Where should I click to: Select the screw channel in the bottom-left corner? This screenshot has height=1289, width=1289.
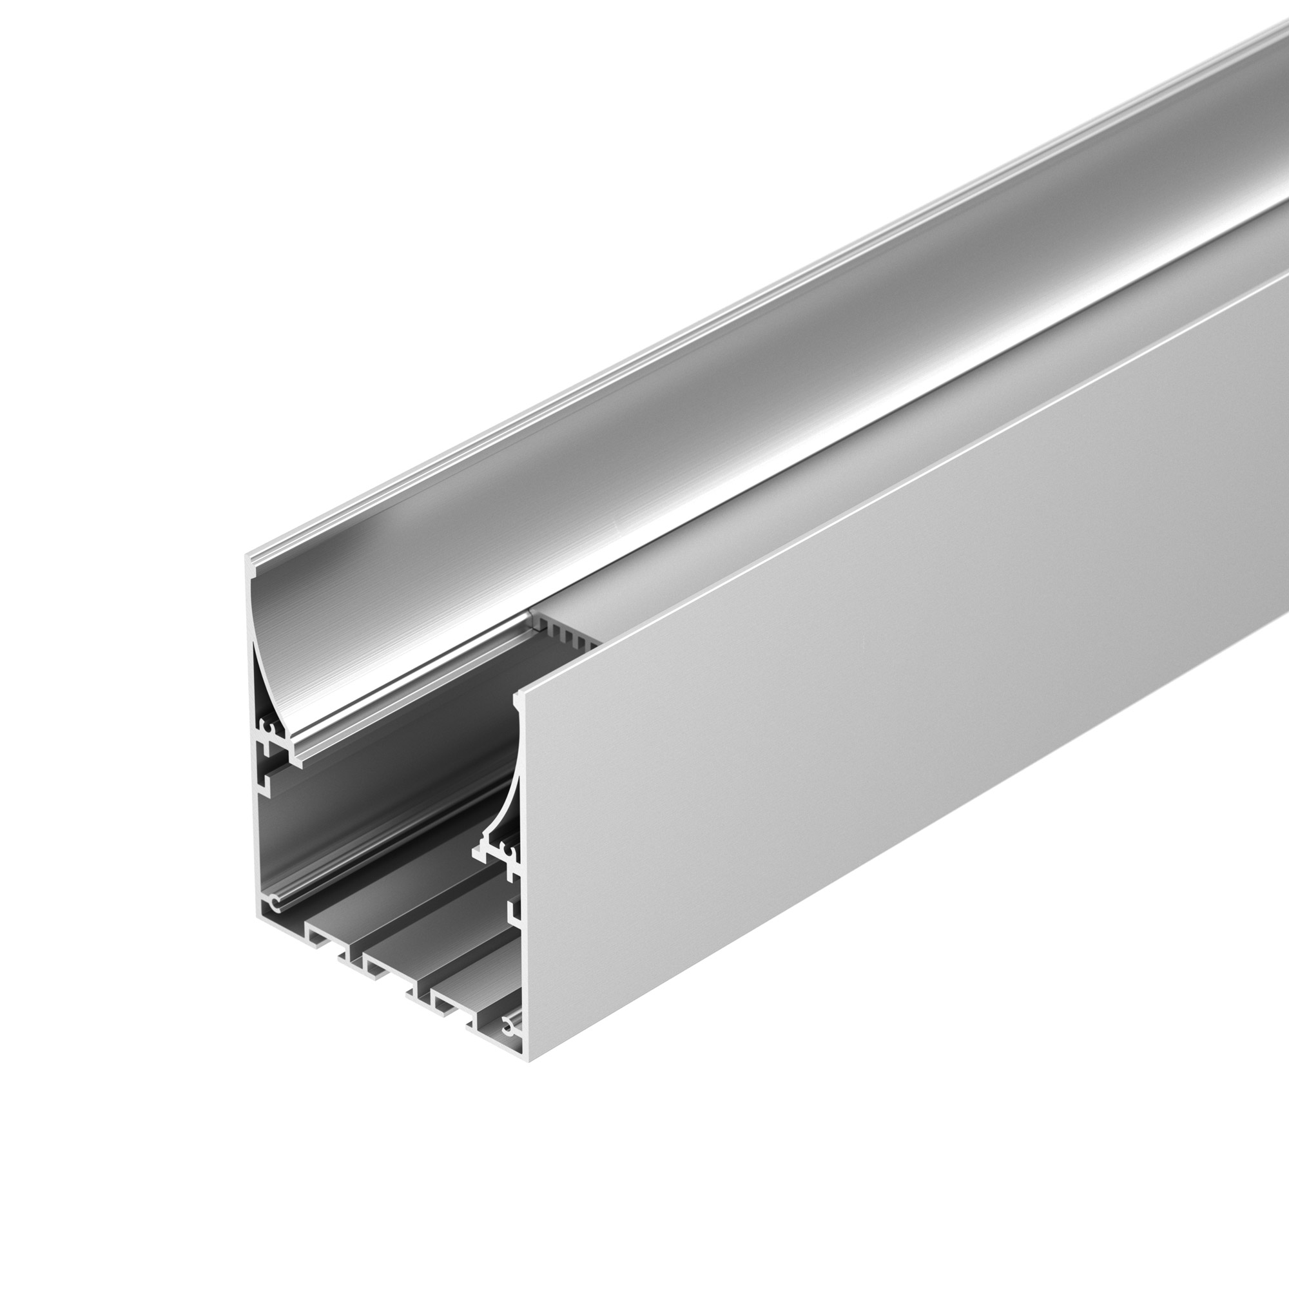273,906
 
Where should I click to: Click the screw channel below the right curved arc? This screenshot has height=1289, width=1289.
510,855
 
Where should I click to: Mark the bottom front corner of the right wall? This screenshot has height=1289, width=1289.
527,1060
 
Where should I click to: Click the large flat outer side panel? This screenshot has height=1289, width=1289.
867,667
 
